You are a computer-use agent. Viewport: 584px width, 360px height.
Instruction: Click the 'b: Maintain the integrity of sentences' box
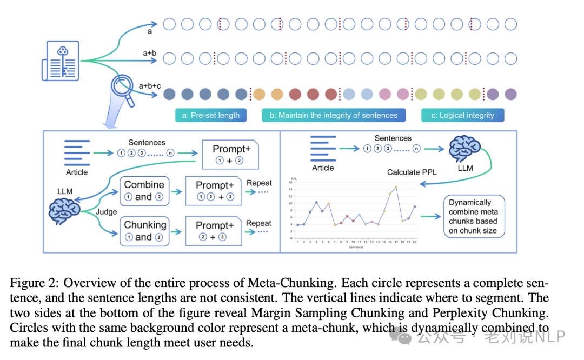337,115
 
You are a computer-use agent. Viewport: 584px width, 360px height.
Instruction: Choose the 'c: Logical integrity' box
462,115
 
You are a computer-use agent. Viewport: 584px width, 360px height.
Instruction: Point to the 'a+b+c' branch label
149,86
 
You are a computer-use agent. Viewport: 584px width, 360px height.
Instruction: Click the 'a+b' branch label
149,54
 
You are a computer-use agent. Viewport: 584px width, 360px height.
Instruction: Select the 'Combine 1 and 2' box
144,190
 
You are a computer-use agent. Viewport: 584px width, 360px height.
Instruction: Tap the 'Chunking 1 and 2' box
144,231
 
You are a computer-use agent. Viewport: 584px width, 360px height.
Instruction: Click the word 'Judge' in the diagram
107,212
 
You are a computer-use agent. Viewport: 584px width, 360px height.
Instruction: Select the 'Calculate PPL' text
411,172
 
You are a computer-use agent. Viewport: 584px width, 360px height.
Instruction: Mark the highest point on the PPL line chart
396,187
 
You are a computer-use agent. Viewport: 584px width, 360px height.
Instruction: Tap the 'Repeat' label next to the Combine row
259,183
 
